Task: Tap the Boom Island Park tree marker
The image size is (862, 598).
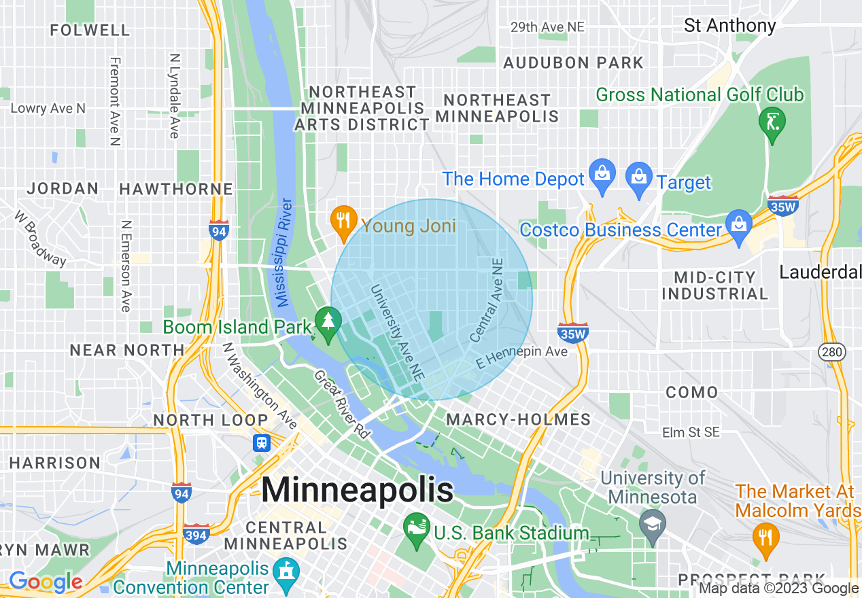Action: (329, 321)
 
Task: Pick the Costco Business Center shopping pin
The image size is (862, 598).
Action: (738, 224)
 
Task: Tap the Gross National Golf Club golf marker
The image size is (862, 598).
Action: (772, 122)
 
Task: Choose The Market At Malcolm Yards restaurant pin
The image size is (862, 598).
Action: (765, 538)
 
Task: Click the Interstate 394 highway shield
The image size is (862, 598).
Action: (197, 533)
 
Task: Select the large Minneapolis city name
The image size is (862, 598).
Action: (358, 489)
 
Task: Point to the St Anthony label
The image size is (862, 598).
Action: (729, 26)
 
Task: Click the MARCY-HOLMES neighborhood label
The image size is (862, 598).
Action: (519, 420)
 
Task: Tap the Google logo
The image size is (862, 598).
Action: (46, 582)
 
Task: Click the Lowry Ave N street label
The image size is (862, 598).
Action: (48, 108)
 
